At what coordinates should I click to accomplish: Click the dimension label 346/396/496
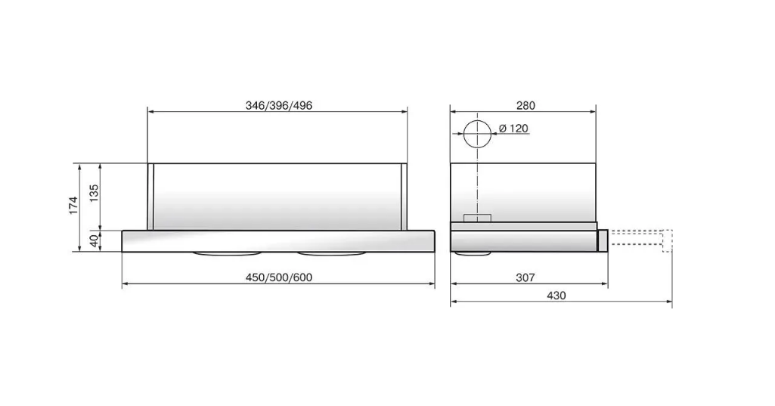pyautogui.click(x=279, y=105)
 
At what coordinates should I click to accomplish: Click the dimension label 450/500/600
pyautogui.click(x=279, y=277)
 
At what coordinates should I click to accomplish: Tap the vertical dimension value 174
pyautogui.click(x=73, y=205)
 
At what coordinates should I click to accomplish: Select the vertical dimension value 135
pyautogui.click(x=94, y=194)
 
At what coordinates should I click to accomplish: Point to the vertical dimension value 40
pyautogui.click(x=94, y=241)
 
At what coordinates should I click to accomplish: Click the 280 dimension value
pyautogui.click(x=525, y=105)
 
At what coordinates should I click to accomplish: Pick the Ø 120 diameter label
pyautogui.click(x=513, y=128)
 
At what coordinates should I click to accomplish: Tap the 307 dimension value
pyautogui.click(x=525, y=277)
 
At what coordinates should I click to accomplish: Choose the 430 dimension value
pyautogui.click(x=556, y=296)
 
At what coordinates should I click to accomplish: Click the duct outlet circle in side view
pyautogui.click(x=477, y=119)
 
